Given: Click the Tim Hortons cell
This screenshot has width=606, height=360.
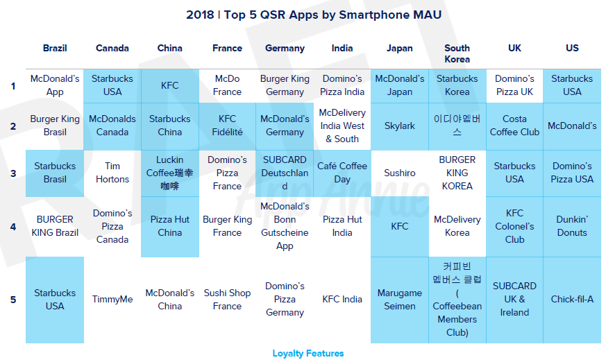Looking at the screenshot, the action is click(x=112, y=173).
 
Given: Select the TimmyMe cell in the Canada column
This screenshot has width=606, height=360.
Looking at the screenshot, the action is click(x=112, y=300).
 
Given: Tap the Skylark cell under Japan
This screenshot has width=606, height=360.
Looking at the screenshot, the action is click(x=400, y=126).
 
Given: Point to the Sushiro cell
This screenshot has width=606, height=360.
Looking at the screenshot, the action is click(x=400, y=173).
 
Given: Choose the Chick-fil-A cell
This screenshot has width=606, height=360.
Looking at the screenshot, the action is click(x=572, y=300).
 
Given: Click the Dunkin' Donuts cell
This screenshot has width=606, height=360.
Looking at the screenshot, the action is click(x=572, y=226).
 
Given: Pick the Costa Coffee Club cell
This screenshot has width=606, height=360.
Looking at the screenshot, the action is click(x=514, y=126).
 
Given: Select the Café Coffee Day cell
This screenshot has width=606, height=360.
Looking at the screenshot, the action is click(x=342, y=173).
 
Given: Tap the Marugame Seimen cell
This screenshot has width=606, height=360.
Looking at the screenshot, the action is click(x=400, y=300).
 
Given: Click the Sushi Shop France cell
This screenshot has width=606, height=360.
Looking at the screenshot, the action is click(x=227, y=300).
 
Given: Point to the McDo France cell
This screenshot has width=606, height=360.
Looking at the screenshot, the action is click(x=227, y=85).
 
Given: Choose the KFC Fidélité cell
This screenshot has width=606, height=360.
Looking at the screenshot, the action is click(x=227, y=126).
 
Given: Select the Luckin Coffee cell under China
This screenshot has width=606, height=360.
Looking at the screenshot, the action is click(x=169, y=173).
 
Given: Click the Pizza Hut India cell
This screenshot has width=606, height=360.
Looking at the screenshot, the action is click(x=342, y=226).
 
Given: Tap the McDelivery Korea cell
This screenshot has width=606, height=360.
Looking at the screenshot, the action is click(x=457, y=226).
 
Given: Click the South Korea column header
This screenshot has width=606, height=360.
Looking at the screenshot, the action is click(x=457, y=53).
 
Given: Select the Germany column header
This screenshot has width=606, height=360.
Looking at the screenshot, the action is click(x=285, y=49).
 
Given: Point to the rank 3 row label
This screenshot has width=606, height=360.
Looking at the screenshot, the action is click(x=13, y=173).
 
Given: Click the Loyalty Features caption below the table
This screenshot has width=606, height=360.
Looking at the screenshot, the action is click(x=308, y=354).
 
